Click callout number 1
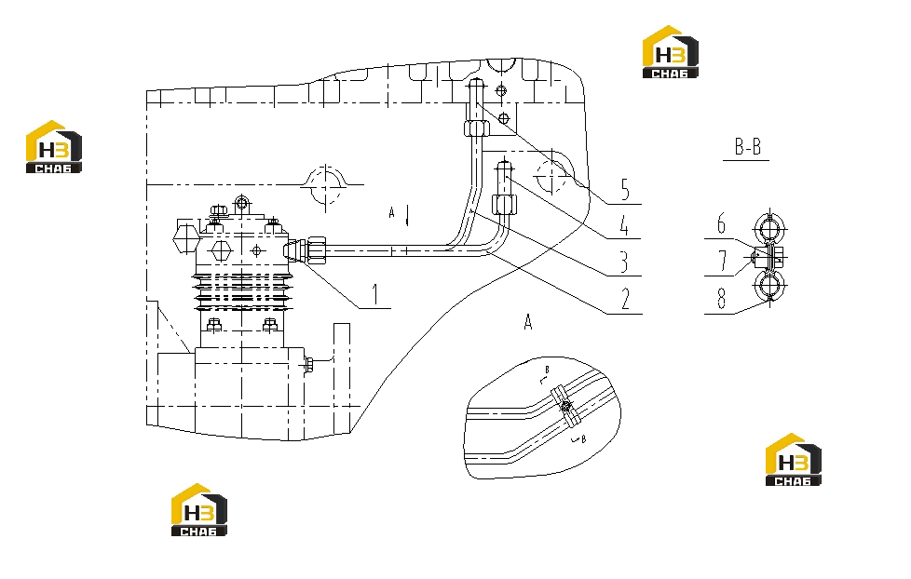(x=375, y=294)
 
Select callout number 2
(x=625, y=300)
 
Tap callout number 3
(x=624, y=262)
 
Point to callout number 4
(x=624, y=225)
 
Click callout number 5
(x=625, y=190)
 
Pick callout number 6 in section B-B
(x=721, y=223)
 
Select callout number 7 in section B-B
(x=722, y=261)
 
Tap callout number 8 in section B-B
(x=722, y=298)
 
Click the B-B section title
(x=748, y=146)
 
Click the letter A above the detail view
(x=528, y=322)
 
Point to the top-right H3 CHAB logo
(x=671, y=52)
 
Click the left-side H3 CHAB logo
(x=54, y=146)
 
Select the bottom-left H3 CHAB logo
(x=199, y=510)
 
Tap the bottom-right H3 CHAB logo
(x=794, y=459)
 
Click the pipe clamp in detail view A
(x=565, y=405)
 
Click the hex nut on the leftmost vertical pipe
(x=476, y=128)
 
